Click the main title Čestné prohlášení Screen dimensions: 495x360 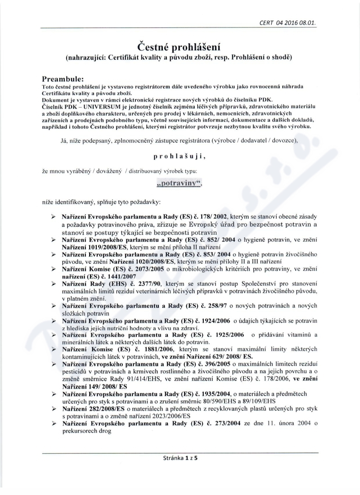(180, 47)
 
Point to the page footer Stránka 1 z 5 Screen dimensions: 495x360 (180, 459)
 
